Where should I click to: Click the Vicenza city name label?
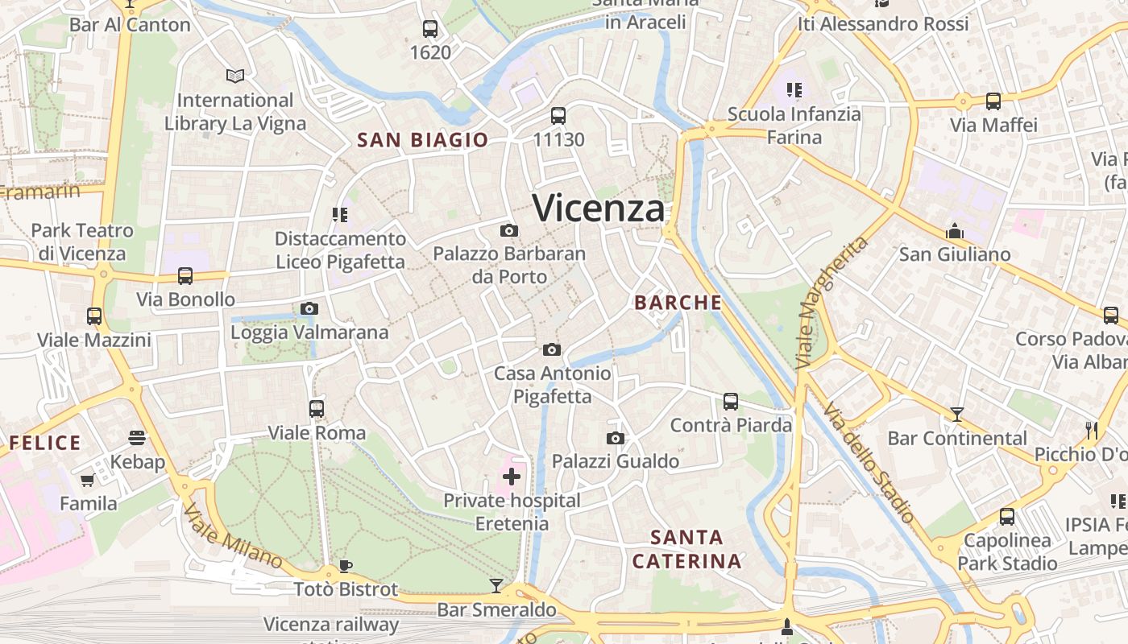point(599,208)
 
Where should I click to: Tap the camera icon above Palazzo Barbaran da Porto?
point(508,231)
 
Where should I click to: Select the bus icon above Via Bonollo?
point(185,276)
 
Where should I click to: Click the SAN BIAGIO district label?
point(423,140)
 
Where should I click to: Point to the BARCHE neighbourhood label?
point(678,303)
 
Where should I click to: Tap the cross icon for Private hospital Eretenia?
point(512,477)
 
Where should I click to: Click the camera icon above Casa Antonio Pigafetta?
point(552,349)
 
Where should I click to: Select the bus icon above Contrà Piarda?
point(731,401)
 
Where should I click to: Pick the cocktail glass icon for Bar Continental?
point(956,415)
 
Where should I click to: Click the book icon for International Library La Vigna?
point(235,76)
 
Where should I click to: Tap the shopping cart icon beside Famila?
point(87,481)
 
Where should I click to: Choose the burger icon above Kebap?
point(137,438)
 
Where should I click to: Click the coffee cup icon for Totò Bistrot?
point(346,566)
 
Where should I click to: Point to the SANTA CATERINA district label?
point(686,549)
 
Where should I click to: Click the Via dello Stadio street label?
point(870,464)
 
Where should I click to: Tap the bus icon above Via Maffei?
point(993,101)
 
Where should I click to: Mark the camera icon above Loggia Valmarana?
point(309,308)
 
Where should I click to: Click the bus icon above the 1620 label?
point(430,29)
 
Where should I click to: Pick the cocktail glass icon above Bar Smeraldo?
point(496,585)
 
